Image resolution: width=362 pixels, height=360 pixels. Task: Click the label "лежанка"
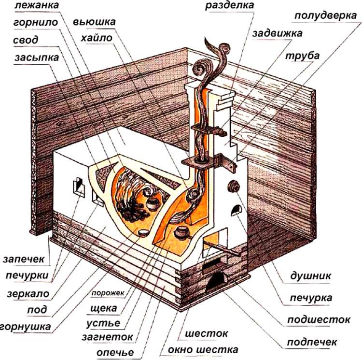37,5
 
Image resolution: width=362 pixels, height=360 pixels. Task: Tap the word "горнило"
36,23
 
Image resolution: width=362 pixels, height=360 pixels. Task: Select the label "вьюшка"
94,22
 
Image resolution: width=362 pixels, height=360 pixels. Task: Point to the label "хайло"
97,38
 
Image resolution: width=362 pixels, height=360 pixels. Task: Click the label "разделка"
230,6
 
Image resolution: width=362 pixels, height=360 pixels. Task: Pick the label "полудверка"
326,16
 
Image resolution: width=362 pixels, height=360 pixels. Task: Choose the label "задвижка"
277,34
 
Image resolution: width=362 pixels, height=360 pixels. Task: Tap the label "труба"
303,56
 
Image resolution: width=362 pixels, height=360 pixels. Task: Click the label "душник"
310,275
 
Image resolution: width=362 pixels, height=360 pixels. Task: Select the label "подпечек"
312,342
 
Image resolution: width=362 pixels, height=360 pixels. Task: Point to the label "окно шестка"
203,349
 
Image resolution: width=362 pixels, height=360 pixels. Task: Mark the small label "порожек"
108,293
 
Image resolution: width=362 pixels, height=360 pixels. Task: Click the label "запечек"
24,259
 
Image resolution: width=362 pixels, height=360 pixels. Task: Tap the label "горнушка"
26,327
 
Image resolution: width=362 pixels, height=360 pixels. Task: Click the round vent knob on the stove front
234,186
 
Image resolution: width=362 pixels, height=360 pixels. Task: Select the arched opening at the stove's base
216,281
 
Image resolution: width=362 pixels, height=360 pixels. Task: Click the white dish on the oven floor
143,232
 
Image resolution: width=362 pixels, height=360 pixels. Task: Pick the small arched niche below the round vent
236,210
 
